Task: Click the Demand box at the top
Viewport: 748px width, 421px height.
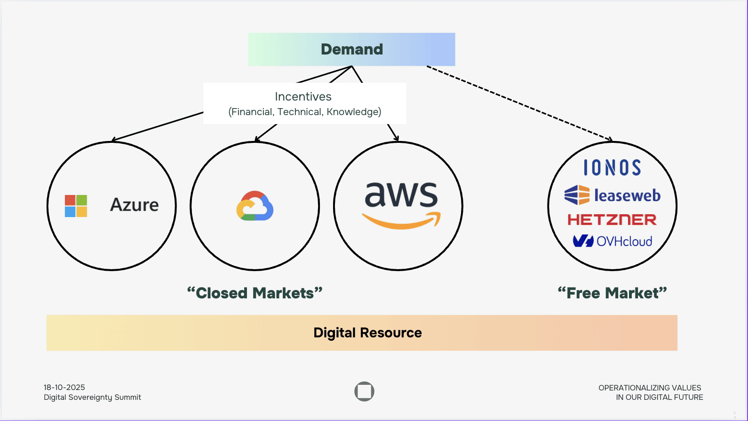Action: pyautogui.click(x=351, y=49)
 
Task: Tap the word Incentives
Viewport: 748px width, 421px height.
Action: pyautogui.click(x=303, y=97)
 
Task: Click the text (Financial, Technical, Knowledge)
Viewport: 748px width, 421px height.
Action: pyautogui.click(x=305, y=112)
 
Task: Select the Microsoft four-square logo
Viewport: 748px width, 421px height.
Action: pyautogui.click(x=76, y=206)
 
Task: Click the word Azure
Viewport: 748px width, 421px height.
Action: pyautogui.click(x=134, y=205)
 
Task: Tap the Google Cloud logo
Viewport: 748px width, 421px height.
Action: pyautogui.click(x=255, y=206)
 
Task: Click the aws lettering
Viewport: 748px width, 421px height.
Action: pyautogui.click(x=401, y=195)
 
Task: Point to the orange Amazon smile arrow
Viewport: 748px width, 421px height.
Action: pyautogui.click(x=401, y=221)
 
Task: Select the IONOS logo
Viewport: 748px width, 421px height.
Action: pyautogui.click(x=612, y=168)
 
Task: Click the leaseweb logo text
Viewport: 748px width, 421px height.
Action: pyautogui.click(x=627, y=195)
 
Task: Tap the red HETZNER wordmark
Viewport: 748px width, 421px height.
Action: pyautogui.click(x=612, y=219)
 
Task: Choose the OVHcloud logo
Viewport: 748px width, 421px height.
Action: pyautogui.click(x=612, y=241)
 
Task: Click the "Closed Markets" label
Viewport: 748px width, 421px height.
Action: pyautogui.click(x=255, y=293)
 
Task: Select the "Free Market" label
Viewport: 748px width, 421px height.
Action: pyautogui.click(x=612, y=293)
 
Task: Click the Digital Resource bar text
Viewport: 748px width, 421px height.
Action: pyautogui.click(x=367, y=333)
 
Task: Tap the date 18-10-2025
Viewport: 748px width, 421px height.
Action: pyautogui.click(x=64, y=387)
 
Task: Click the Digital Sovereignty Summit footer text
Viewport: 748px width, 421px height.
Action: pyautogui.click(x=92, y=398)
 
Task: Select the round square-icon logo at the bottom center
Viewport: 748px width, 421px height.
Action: pyautogui.click(x=364, y=391)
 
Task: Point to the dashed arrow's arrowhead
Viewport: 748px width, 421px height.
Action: pyautogui.click(x=610, y=139)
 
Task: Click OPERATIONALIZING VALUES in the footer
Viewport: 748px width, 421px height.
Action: pyautogui.click(x=650, y=388)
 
